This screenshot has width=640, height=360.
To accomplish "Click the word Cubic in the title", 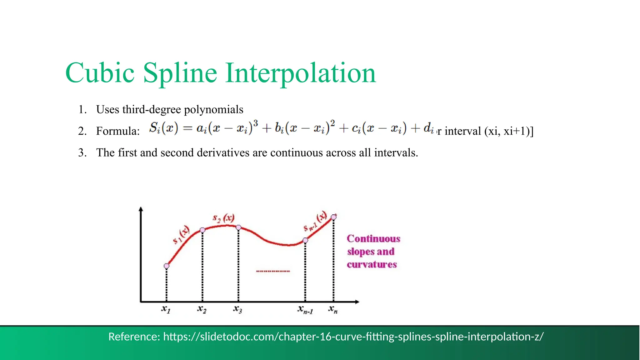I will (100, 73).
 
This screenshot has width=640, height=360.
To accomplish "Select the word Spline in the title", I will (180, 74).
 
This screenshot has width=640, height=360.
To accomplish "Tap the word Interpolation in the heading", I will (300, 74).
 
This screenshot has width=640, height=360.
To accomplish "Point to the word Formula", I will (118, 131).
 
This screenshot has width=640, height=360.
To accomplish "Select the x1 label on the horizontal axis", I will (166, 309).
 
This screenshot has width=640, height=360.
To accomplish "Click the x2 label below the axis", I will (202, 309).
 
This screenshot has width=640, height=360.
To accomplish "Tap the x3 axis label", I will (237, 309).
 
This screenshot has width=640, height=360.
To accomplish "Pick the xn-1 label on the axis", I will (305, 310).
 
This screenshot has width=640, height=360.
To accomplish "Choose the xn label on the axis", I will (333, 309).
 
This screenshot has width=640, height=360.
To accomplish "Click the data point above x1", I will (167, 266).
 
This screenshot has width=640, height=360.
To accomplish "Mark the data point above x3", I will (238, 227).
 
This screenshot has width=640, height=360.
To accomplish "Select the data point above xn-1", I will (305, 240).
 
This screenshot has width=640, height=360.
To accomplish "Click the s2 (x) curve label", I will (223, 218).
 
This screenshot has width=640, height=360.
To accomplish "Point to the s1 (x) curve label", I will (181, 235).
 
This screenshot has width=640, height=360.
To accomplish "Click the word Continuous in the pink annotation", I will (373, 239).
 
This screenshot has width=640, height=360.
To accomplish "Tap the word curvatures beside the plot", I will (372, 265).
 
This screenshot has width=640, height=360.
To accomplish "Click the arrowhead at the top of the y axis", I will (141, 209).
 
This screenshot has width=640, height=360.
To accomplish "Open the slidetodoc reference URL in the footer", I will (353, 337).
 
